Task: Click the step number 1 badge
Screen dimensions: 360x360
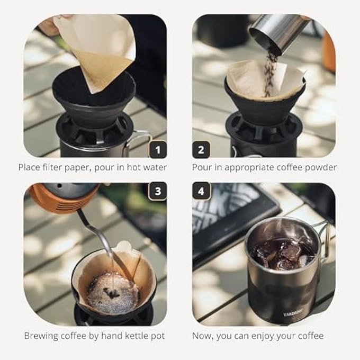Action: coord(158,149)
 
